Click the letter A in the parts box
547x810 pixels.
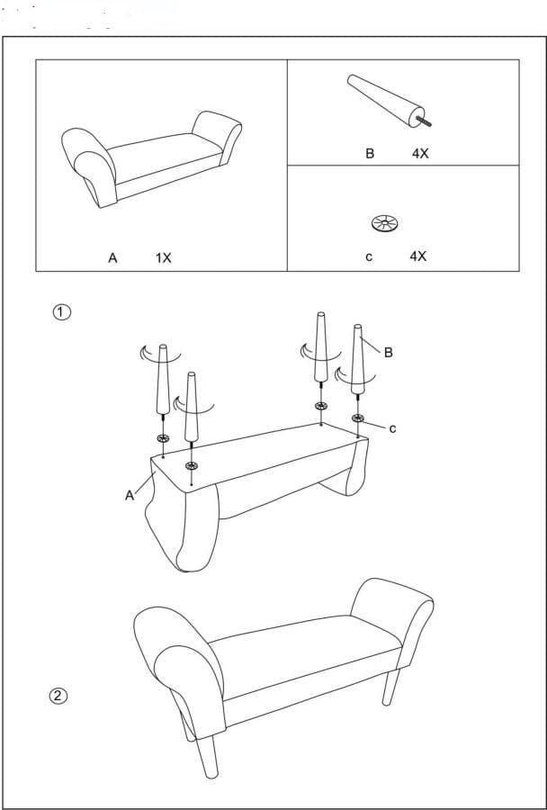112,257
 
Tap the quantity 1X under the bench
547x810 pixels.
163,257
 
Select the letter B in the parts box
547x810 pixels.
369,154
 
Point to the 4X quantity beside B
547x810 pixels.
420,154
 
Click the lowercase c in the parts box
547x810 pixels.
369,256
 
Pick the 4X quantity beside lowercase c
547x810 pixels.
417,256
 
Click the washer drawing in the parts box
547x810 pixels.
384,223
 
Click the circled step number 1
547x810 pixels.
60,312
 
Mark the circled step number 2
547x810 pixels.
58,695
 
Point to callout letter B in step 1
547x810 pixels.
388,353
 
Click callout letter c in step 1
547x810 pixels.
392,428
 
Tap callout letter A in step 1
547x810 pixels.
130,494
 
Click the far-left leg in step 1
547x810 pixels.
163,378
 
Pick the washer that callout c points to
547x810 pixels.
358,418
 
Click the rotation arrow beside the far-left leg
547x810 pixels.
144,352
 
